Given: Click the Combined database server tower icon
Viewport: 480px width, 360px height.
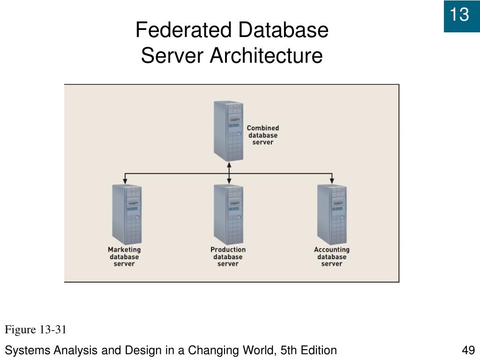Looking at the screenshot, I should (x=228, y=131).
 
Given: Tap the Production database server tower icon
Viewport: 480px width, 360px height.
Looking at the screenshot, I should (x=228, y=214).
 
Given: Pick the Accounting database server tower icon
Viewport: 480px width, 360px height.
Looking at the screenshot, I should (x=332, y=214).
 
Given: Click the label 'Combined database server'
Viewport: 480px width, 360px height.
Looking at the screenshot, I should (x=262, y=135).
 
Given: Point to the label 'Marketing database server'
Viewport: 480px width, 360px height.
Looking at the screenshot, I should (x=124, y=257).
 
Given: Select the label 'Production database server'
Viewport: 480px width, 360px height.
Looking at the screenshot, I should (x=228, y=257).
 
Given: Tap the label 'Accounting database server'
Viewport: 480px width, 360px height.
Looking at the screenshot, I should (x=331, y=257).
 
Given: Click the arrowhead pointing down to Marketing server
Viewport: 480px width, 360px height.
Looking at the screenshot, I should (x=125, y=180).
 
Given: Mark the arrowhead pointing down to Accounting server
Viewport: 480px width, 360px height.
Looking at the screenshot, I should (x=332, y=180).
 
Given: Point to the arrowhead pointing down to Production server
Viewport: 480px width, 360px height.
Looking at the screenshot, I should (x=229, y=180).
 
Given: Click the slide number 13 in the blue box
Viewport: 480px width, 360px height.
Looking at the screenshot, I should (x=459, y=15).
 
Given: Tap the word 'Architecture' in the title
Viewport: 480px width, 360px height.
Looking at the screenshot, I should (x=266, y=56).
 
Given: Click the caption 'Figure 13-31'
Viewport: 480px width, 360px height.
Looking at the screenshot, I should (x=36, y=330).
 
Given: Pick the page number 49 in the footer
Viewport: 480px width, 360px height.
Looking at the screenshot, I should (x=468, y=350).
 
